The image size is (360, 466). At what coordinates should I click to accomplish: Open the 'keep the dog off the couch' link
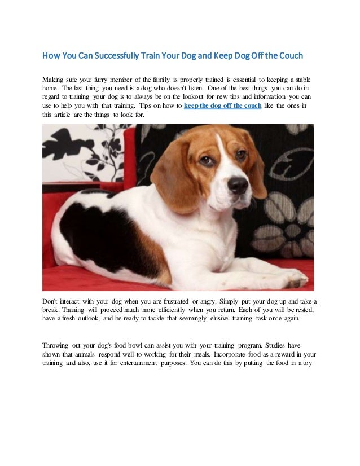222,105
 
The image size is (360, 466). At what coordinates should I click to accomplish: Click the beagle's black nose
238,184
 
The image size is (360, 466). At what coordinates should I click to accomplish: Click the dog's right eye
207,160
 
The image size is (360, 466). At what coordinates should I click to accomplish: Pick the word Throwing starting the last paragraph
57,345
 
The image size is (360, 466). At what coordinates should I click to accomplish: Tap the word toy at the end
313,363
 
